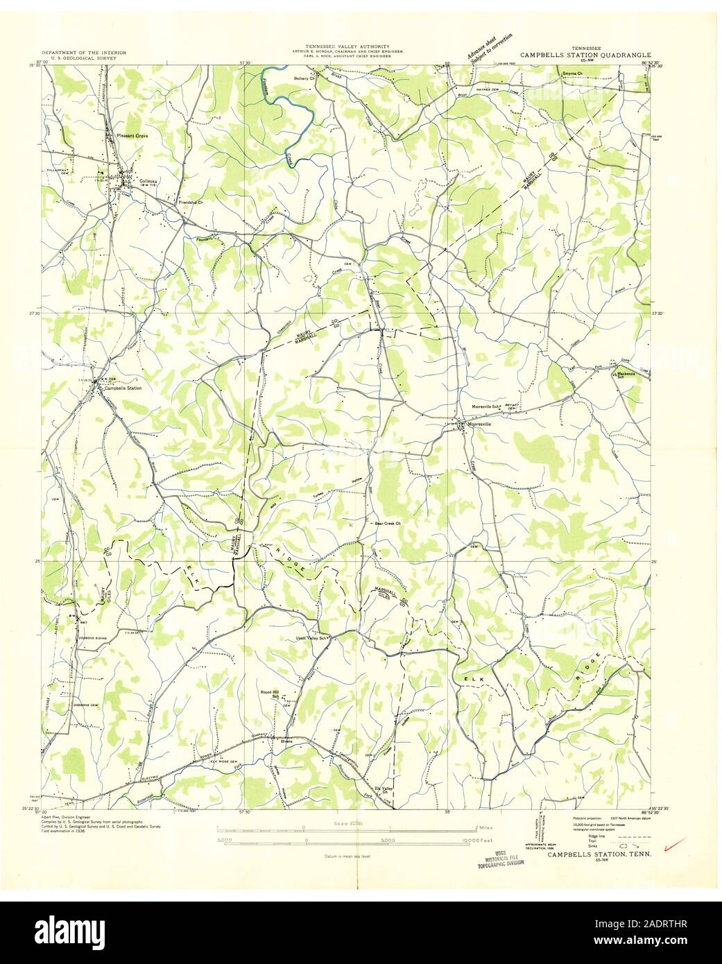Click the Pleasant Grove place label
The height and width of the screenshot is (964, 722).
(132, 136)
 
